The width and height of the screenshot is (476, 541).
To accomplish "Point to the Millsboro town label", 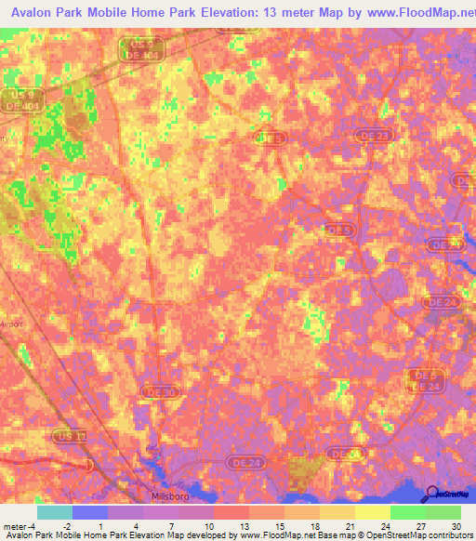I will pos(169,495).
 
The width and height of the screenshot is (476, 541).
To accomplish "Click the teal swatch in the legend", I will pos(55,512).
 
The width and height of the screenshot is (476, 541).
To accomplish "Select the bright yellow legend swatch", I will pos(373,512).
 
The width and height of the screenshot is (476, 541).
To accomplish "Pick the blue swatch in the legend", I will pos(90,512).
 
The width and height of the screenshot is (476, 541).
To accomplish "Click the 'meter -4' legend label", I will pos(20,525).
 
